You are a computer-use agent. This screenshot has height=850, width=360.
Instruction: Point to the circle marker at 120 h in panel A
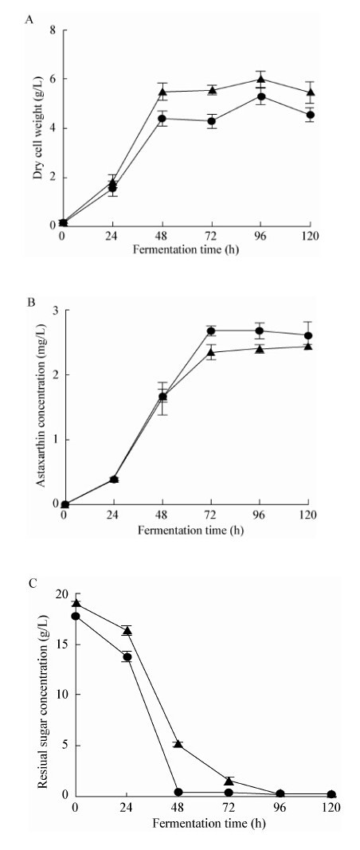[x=310, y=115]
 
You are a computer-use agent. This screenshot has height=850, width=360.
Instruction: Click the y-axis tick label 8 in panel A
[x=53, y=30]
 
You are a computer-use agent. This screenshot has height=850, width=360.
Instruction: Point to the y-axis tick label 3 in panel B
[x=53, y=311]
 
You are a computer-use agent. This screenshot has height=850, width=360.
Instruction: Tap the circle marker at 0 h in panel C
[x=76, y=616]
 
